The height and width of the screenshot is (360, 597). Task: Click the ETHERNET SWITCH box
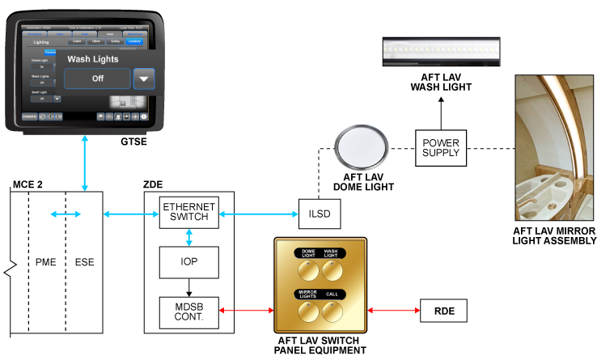coord(188,212)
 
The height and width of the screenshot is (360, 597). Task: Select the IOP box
coord(188,262)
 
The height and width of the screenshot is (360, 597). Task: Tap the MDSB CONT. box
coord(188,312)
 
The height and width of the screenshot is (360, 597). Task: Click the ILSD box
coord(318,214)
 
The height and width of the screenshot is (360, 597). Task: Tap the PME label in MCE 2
coord(46,262)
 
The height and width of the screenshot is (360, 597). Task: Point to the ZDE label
coord(154,185)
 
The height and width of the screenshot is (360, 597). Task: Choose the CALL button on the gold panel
coord(332,309)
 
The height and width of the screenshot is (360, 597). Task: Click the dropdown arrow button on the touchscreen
coord(143,78)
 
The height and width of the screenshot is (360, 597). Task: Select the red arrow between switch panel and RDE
coord(393,310)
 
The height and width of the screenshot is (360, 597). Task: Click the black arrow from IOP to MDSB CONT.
coord(188,287)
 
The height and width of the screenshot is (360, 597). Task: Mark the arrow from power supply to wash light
coord(441,112)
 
